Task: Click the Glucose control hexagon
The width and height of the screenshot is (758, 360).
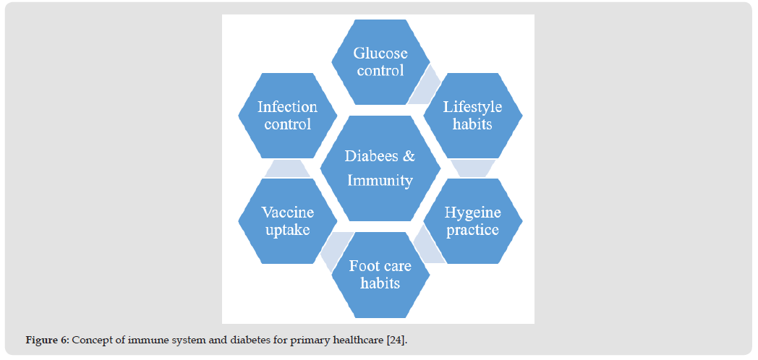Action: coord(380,62)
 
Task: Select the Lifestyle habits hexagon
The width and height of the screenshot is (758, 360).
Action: coord(473,116)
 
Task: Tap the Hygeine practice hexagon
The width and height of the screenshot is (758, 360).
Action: coord(473,220)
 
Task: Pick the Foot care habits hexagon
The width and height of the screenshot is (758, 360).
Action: coord(380,275)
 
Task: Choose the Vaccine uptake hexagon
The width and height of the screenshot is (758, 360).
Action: coord(288,220)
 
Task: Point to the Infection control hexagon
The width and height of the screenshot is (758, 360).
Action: coord(288,116)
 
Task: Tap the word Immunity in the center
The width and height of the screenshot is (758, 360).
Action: coord(380,181)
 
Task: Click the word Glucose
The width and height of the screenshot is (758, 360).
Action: coord(380,53)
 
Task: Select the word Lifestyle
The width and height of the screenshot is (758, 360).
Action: coord(473,107)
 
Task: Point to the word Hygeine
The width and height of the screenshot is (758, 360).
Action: coord(473,212)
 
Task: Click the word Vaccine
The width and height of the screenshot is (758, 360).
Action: coord(288,212)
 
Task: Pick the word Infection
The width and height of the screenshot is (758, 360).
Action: coord(288,106)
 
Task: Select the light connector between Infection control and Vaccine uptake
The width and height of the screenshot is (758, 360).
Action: coord(288,168)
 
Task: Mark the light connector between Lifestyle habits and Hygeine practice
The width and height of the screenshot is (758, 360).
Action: coord(473,168)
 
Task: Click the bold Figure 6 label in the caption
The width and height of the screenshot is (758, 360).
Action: coord(48,340)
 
